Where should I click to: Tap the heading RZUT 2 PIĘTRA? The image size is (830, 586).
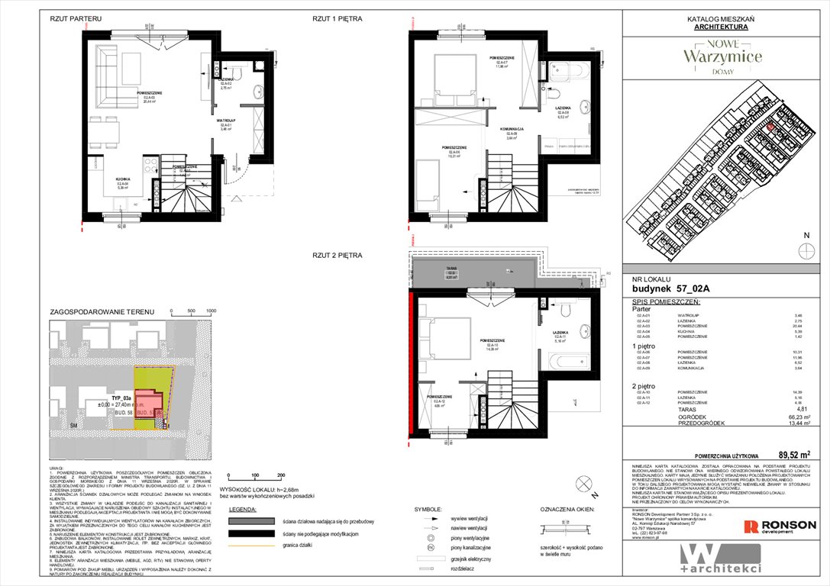pyautogui.click(x=337, y=255)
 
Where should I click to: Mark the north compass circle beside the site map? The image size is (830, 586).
pyautogui.click(x=803, y=251)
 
